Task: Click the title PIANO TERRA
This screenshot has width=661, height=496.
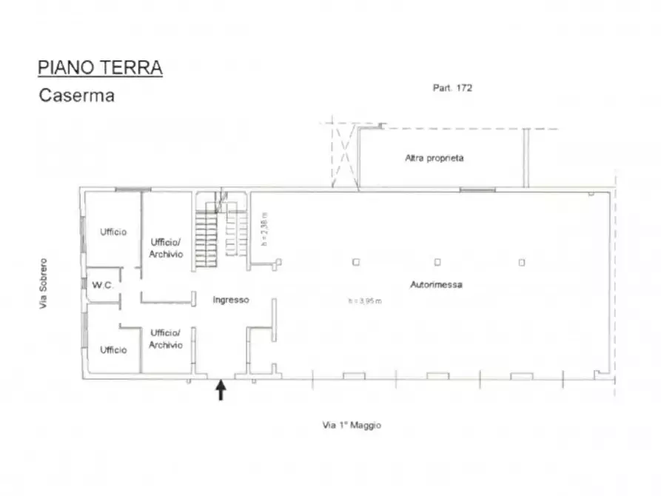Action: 100,68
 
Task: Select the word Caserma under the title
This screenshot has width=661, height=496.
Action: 76,95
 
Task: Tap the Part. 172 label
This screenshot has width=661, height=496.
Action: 452,87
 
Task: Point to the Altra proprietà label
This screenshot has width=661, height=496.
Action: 434,158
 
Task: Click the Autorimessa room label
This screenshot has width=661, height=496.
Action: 436,285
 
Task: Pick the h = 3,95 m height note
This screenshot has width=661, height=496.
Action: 365,301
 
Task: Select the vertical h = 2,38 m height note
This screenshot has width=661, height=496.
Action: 264,229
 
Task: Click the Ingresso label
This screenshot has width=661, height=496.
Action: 231,300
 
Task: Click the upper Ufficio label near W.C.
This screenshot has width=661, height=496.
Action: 113,232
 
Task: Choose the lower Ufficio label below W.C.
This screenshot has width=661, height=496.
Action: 113,349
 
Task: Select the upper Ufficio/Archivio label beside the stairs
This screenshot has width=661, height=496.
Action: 166,247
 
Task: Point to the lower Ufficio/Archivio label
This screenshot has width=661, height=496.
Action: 166,339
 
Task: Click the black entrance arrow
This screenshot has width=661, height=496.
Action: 221,390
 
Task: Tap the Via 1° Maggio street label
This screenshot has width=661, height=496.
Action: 352,426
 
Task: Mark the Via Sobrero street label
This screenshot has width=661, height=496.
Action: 44,284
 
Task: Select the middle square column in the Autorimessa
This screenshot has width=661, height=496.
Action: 437,261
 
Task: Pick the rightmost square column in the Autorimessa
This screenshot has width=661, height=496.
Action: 522,261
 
